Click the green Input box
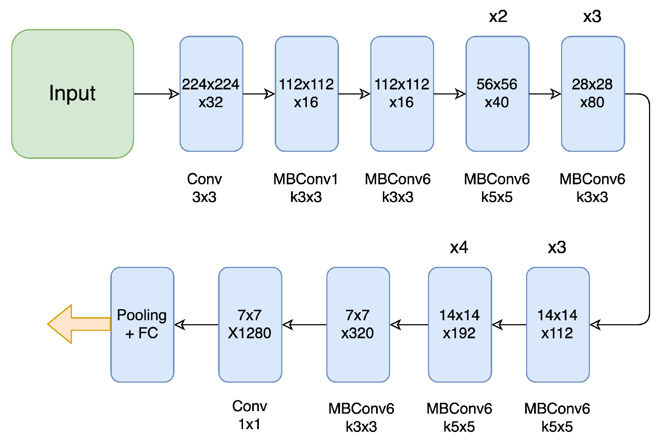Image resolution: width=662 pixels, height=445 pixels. tap(72, 94)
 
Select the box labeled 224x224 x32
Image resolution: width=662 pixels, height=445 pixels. tap(211, 94)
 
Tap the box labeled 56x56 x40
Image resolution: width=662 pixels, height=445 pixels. tap(497, 94)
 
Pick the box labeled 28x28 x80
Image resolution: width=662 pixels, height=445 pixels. tap(593, 94)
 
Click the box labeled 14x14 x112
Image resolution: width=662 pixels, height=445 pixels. tap(557, 325)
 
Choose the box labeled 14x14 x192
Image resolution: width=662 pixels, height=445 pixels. tap(460, 325)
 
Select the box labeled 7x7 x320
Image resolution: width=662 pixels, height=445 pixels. tap(358, 325)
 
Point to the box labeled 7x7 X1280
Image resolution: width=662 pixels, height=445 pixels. tap(250, 325)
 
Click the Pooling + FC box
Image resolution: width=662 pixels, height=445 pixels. tap(142, 325)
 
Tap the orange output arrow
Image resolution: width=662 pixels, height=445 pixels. tap(78, 324)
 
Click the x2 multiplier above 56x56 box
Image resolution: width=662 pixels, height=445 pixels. tap(498, 17)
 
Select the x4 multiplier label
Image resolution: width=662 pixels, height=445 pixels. tap(459, 247)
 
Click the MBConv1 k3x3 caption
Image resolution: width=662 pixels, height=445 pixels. tap(306, 188)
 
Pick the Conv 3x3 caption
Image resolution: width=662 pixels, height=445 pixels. tap(204, 188)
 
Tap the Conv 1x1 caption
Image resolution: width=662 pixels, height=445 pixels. tap(250, 415)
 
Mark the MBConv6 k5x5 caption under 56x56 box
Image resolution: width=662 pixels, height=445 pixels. tap(497, 188)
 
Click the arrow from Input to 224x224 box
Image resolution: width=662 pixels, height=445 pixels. tap(156, 94)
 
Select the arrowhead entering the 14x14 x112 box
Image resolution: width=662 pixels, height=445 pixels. tap(595, 325)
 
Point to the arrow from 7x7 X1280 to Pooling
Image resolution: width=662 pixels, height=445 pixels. tap(197, 325)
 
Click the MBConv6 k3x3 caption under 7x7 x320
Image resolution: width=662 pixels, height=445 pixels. tap(361, 418)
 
